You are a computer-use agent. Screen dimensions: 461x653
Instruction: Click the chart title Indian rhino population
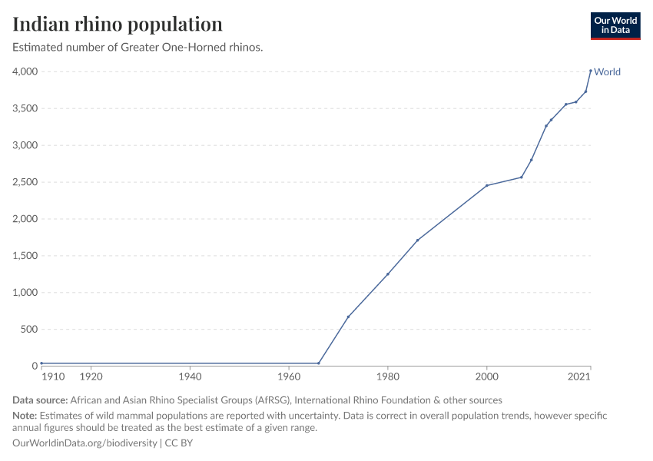(118, 24)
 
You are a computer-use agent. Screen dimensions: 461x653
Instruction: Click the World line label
(607, 72)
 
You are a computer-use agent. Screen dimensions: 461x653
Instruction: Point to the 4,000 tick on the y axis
(25, 71)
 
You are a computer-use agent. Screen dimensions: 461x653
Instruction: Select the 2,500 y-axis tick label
(25, 182)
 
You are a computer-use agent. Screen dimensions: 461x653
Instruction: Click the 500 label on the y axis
(28, 330)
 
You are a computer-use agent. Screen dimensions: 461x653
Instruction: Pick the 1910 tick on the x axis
(53, 376)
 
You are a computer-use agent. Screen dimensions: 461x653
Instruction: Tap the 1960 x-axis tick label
(289, 376)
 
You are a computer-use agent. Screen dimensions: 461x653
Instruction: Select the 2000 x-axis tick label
(486, 376)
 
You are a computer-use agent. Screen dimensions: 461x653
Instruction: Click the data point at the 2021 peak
(590, 71)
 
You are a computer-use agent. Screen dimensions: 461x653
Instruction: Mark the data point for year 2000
(486, 185)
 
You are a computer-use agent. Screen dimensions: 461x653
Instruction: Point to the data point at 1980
(387, 274)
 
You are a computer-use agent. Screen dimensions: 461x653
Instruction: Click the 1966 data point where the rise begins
(318, 363)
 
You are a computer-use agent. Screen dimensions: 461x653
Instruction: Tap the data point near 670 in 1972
(348, 317)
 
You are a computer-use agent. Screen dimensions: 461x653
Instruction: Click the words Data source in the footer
(40, 400)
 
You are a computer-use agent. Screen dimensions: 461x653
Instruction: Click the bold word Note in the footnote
(25, 415)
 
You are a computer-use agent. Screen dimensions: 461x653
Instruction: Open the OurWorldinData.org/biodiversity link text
(85, 443)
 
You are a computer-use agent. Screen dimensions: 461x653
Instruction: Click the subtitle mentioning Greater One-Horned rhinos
(138, 48)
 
